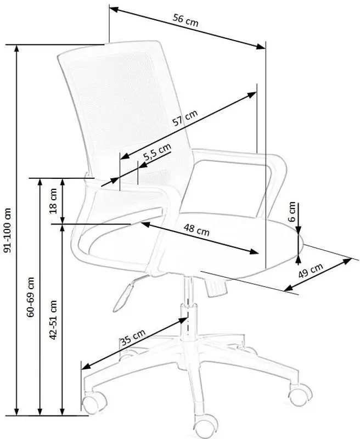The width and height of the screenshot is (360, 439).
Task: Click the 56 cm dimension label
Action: [x=185, y=20]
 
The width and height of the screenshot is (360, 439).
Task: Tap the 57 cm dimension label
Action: [x=185, y=117]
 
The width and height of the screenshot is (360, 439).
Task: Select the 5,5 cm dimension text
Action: [x=157, y=152]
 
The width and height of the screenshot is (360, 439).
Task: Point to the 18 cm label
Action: [x=53, y=201]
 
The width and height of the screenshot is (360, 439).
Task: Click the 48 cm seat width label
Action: [x=196, y=230]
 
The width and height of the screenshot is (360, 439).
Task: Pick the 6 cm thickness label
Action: [x=292, y=211]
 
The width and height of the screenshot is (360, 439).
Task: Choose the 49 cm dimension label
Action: [x=311, y=271]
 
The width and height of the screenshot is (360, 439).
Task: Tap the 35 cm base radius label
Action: [x=133, y=337]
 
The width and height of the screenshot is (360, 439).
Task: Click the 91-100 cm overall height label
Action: [x=8, y=230]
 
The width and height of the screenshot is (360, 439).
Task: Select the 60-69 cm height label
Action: [x=30, y=297]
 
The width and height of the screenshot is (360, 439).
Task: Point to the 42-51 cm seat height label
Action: [x=53, y=320]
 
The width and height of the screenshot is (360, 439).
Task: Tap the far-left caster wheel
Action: [x=94, y=402]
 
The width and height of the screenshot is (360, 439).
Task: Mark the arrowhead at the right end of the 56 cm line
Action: [x=261, y=47]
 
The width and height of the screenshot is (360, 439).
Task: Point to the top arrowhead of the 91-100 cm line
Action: [x=17, y=48]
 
